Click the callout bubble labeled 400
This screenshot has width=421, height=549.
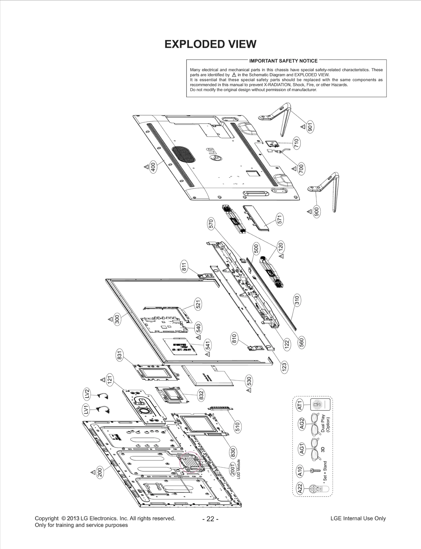pos(153,167)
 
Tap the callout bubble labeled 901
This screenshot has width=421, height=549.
pos(310,127)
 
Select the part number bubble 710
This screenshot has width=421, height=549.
pos(297,143)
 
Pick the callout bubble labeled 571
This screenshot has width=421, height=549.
pos(280,219)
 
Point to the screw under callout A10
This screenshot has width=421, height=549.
pos(315,470)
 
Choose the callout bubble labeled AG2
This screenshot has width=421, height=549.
pos(302,424)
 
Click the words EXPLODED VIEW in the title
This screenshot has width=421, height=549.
pos(210,44)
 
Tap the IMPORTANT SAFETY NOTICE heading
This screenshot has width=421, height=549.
pos(283,61)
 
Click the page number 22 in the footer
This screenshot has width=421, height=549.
pos(210,519)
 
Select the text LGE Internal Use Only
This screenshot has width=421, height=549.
pos(358,518)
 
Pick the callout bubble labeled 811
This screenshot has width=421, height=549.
pos(184,267)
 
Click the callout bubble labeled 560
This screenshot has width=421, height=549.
pos(302,342)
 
